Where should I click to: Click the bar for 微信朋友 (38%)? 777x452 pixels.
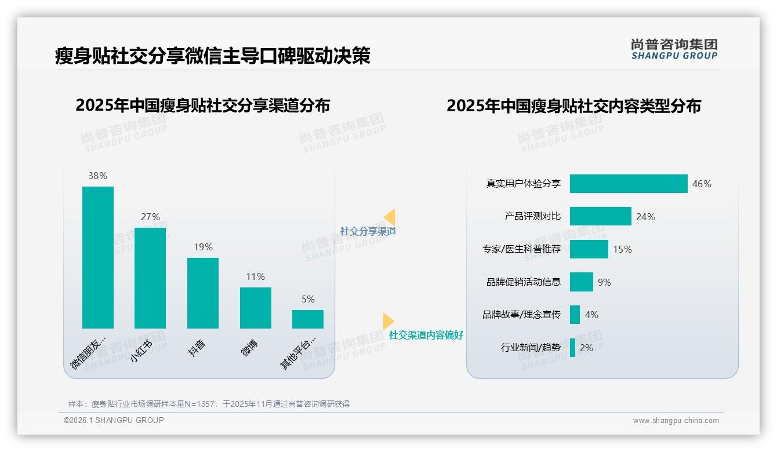click(98, 257)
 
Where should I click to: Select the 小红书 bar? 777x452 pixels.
click(150, 278)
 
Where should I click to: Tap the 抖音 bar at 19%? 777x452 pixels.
click(203, 293)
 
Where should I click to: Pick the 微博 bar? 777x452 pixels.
click(255, 308)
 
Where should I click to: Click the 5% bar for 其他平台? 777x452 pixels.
click(308, 319)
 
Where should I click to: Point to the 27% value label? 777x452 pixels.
click(150, 217)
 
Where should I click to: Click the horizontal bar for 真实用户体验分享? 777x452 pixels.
click(629, 184)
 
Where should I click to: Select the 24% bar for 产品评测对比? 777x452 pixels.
click(600, 216)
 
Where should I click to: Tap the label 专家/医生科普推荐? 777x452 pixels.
click(521, 249)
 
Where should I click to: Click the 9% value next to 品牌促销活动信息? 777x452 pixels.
click(604, 282)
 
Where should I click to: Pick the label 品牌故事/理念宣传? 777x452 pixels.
click(521, 315)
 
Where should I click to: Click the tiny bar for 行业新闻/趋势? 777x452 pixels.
click(573, 348)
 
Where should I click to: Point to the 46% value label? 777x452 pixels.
click(702, 184)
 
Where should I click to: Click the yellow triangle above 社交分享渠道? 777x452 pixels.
click(390, 217)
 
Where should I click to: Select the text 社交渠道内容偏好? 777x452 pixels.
click(426, 335)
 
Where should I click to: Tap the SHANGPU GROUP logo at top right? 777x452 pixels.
click(674, 49)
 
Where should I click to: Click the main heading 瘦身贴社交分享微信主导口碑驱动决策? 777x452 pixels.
click(212, 56)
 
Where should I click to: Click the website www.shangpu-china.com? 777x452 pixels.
click(676, 421)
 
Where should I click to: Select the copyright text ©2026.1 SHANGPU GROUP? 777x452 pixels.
click(114, 420)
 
